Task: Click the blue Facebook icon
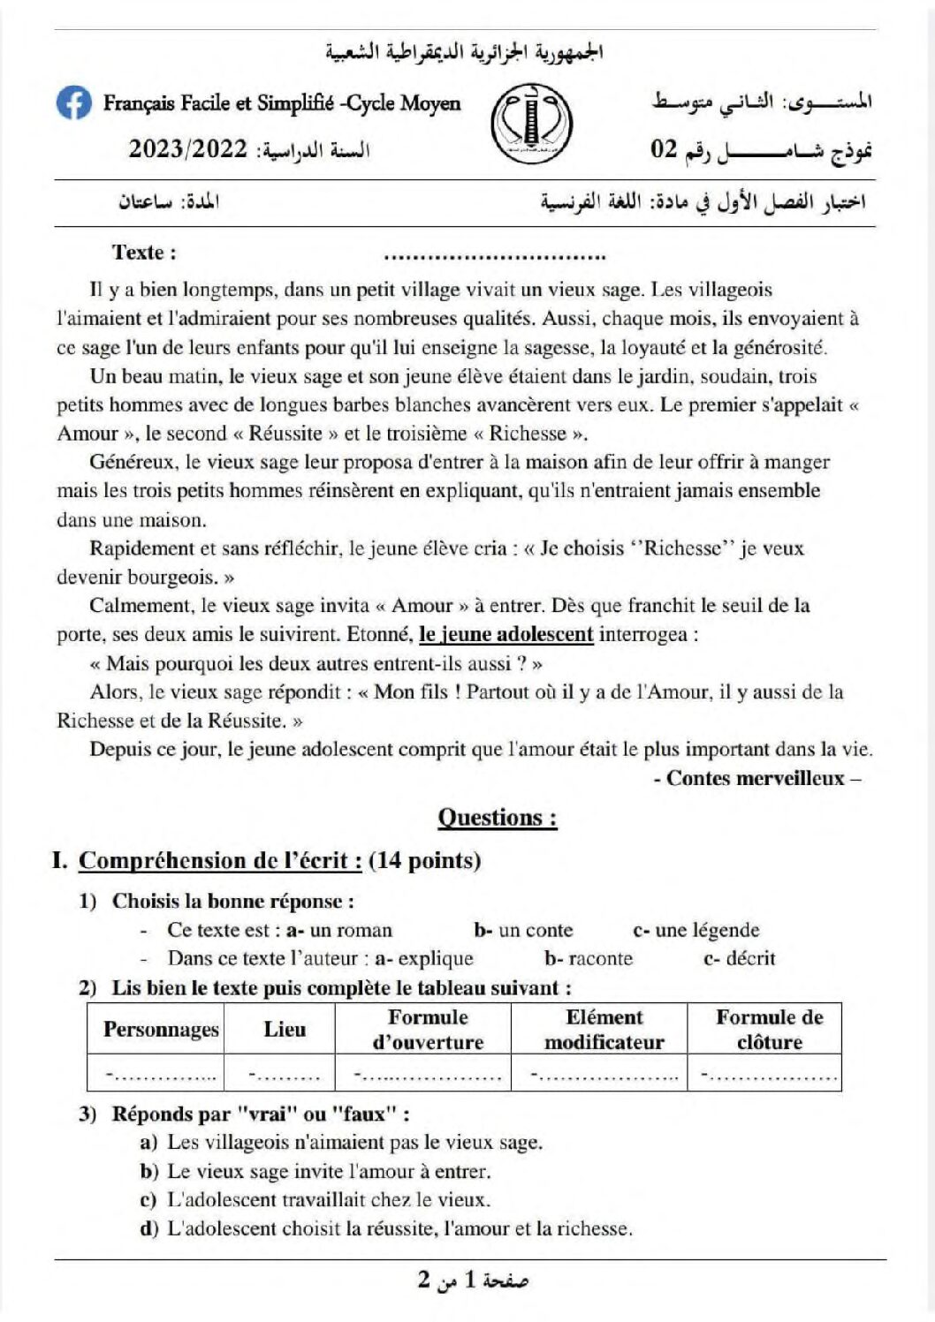(74, 103)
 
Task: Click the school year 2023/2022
(188, 148)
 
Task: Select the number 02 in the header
(664, 148)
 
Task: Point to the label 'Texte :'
(144, 253)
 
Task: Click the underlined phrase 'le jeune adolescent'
(506, 634)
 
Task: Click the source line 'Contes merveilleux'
(756, 778)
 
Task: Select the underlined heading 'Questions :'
(498, 818)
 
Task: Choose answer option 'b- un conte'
(523, 930)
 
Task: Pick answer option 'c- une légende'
(696, 930)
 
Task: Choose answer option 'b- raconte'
(589, 958)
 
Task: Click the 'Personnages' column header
(161, 1030)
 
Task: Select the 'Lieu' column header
(285, 1030)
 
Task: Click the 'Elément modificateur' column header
(604, 1030)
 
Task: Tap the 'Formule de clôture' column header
(768, 1030)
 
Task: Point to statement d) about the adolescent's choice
(386, 1228)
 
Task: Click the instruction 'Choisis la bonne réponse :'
(233, 902)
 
